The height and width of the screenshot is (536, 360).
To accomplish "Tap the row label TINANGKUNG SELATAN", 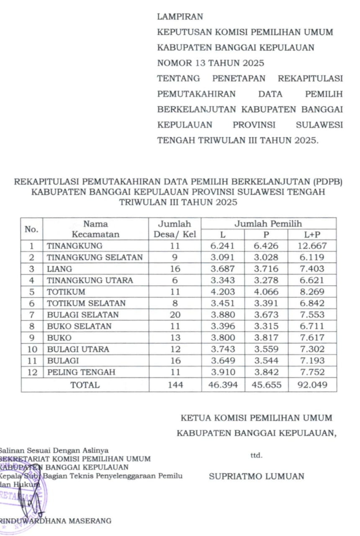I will click(x=95, y=258).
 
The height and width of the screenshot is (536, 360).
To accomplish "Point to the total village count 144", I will click(x=175, y=385).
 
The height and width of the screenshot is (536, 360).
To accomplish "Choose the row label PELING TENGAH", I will click(x=81, y=372).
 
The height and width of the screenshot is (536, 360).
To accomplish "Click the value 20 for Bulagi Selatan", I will click(x=175, y=314).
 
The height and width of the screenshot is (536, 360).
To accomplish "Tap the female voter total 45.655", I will click(x=266, y=385).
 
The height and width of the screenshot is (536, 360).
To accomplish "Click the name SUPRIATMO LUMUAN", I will click(x=257, y=477).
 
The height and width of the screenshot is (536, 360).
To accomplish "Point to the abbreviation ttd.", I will click(x=256, y=456).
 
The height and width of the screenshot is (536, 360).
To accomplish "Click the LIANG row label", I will click(x=59, y=269).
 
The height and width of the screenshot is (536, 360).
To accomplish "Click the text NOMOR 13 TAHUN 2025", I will click(x=211, y=64).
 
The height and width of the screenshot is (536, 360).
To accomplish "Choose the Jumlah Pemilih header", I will click(x=268, y=224).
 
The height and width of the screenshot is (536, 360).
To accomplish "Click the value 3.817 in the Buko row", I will click(x=266, y=338).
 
